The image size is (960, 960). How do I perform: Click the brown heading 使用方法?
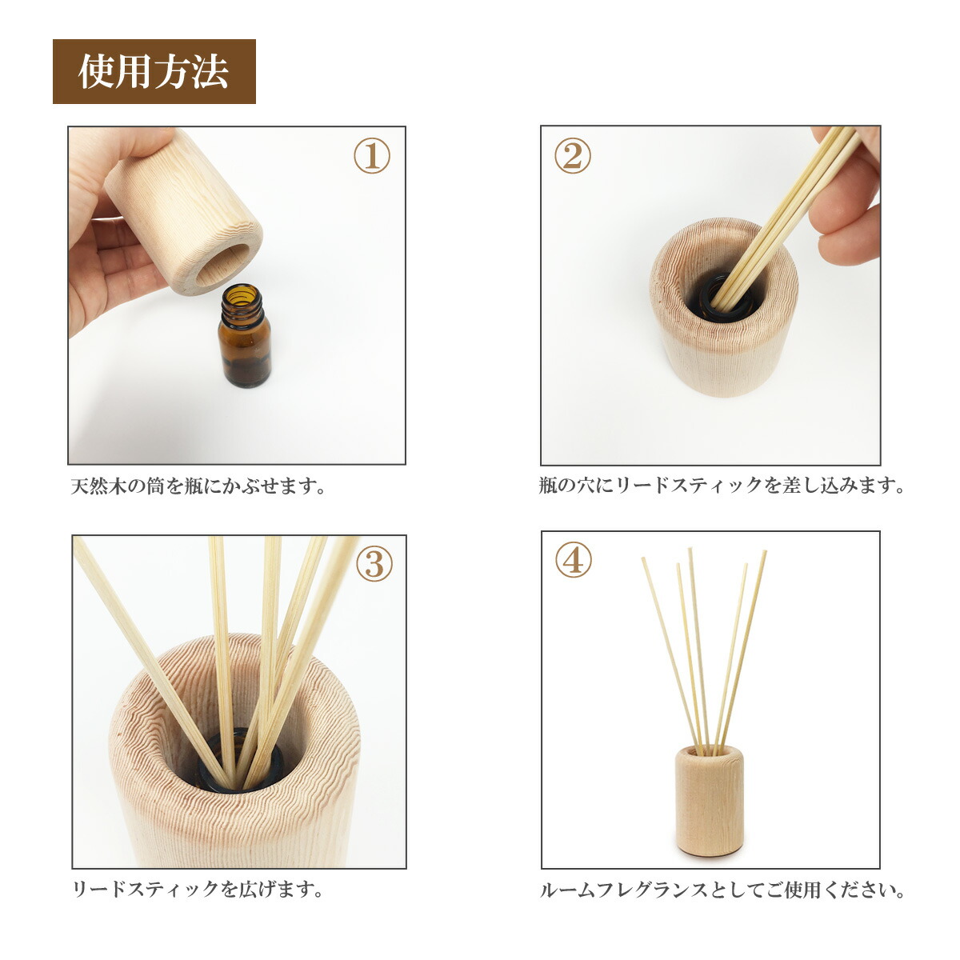pos(154,72)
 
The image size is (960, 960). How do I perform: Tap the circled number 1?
pos(372,155)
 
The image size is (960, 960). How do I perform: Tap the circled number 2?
pos(573,155)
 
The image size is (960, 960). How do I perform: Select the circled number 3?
pos(374,563)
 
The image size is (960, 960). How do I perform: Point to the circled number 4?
pos(574,559)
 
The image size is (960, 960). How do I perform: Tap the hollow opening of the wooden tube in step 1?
pos(222,266)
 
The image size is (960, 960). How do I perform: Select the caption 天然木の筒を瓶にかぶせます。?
pos(198,486)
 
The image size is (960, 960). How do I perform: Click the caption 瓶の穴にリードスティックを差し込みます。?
pos(721,485)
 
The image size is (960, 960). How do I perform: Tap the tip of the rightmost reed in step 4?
pos(766,551)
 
